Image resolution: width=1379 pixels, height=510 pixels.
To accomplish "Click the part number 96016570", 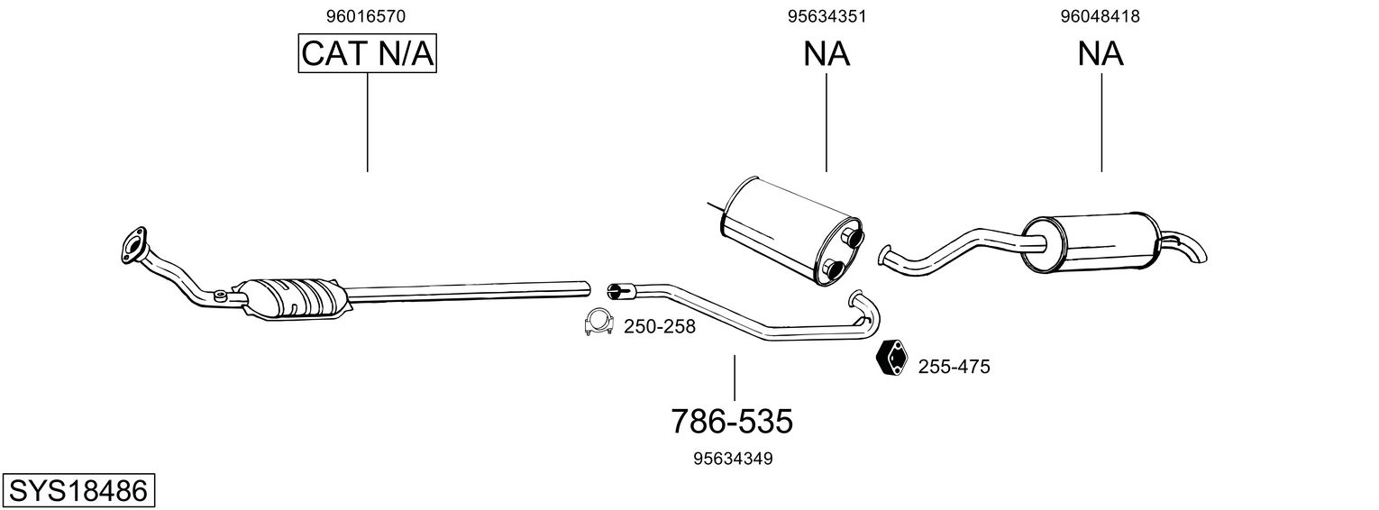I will pos(367,15).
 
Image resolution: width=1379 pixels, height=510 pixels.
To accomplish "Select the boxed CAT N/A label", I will pos(368,54).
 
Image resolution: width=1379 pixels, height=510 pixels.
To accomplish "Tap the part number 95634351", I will pos(826,15).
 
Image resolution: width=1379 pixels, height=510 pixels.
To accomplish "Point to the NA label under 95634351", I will pos(826,54).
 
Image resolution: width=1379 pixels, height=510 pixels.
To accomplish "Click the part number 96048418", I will pos(1100,15).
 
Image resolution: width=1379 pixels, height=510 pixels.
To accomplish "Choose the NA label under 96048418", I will pos(1100,54).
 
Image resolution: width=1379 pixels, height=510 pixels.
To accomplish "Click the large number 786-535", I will pos(732,421).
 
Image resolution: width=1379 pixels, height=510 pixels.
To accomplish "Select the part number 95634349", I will pos(733,459).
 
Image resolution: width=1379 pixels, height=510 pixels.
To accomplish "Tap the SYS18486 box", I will pos(78,491).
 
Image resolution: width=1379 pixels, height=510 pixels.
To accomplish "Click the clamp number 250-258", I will pos(660,327).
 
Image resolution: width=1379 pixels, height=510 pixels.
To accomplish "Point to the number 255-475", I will pos(954,367).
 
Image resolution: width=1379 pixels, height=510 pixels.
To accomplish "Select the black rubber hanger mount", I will pos(892,359).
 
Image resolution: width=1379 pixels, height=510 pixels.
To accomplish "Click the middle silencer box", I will pos(789,230).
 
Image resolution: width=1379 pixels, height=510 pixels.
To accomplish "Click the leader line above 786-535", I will pos(735,378).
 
